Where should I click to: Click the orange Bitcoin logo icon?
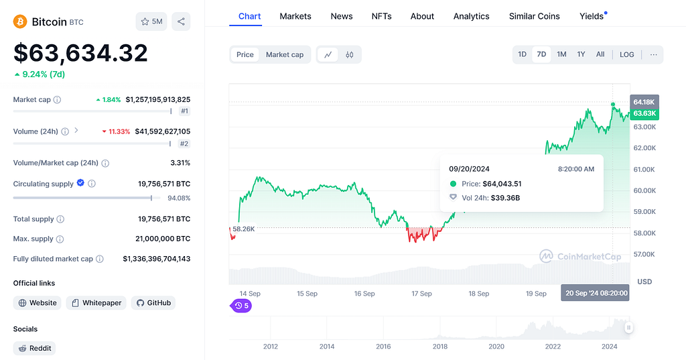(x=20, y=21)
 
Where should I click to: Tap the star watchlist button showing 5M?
(x=151, y=21)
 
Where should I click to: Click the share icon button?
(x=181, y=21)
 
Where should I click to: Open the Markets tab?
(x=295, y=16)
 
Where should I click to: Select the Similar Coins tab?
(x=534, y=16)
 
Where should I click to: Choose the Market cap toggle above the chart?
(x=284, y=55)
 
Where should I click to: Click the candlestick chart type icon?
(x=350, y=55)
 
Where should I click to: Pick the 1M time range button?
(x=562, y=54)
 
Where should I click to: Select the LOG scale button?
(x=626, y=55)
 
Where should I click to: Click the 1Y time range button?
(x=581, y=54)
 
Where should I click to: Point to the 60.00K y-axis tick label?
(x=645, y=190)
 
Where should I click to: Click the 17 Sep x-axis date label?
(x=421, y=294)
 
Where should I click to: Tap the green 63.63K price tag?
(x=644, y=113)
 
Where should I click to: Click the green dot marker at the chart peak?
(x=613, y=104)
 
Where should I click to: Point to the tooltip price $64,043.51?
(x=502, y=184)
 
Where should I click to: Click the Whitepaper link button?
(x=96, y=302)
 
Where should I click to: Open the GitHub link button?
(x=153, y=302)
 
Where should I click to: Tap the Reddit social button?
(x=35, y=348)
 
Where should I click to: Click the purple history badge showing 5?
(x=241, y=306)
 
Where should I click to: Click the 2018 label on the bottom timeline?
(x=439, y=347)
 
